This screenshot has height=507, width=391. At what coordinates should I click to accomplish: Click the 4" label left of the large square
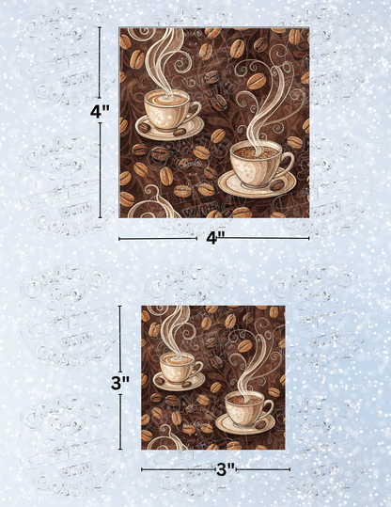click(x=100, y=111)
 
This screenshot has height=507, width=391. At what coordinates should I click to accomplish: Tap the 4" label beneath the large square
click(x=214, y=238)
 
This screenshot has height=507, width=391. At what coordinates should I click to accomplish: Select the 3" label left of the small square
click(x=119, y=382)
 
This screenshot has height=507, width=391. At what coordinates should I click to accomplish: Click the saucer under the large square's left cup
click(x=169, y=130)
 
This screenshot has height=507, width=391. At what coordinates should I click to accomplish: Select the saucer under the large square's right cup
click(x=257, y=183)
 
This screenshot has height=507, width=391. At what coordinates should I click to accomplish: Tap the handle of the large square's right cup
click(x=288, y=160)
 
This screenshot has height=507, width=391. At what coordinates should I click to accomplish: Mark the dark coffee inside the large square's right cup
click(x=254, y=151)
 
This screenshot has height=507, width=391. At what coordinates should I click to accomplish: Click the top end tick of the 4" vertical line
click(x=100, y=28)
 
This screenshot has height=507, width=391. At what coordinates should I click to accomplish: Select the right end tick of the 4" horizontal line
click(x=308, y=238)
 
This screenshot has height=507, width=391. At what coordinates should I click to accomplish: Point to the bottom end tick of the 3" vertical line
click(x=119, y=448)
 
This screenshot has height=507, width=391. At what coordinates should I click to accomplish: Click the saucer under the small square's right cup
click(x=245, y=423)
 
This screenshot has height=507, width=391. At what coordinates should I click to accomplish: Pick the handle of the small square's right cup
click(x=270, y=405)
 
